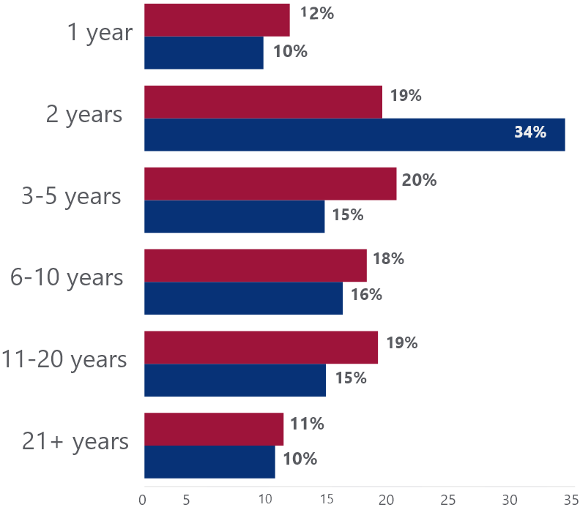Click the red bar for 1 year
[217, 20]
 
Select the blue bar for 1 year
[204, 53]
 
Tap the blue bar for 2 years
[354, 135]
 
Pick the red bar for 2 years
[264, 102]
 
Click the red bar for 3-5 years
[270, 184]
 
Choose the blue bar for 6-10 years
[244, 299]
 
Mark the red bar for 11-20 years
[261, 348]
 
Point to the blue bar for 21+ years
[209, 462]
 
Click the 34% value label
[530, 132]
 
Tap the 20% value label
[419, 180]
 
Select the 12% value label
[316, 13]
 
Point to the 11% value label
[307, 424]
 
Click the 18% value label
[388, 259]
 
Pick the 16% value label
[367, 295]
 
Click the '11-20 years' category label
[64, 359]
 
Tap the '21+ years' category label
[75, 441]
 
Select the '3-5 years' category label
[71, 197]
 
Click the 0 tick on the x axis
[143, 500]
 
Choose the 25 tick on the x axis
[447, 500]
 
